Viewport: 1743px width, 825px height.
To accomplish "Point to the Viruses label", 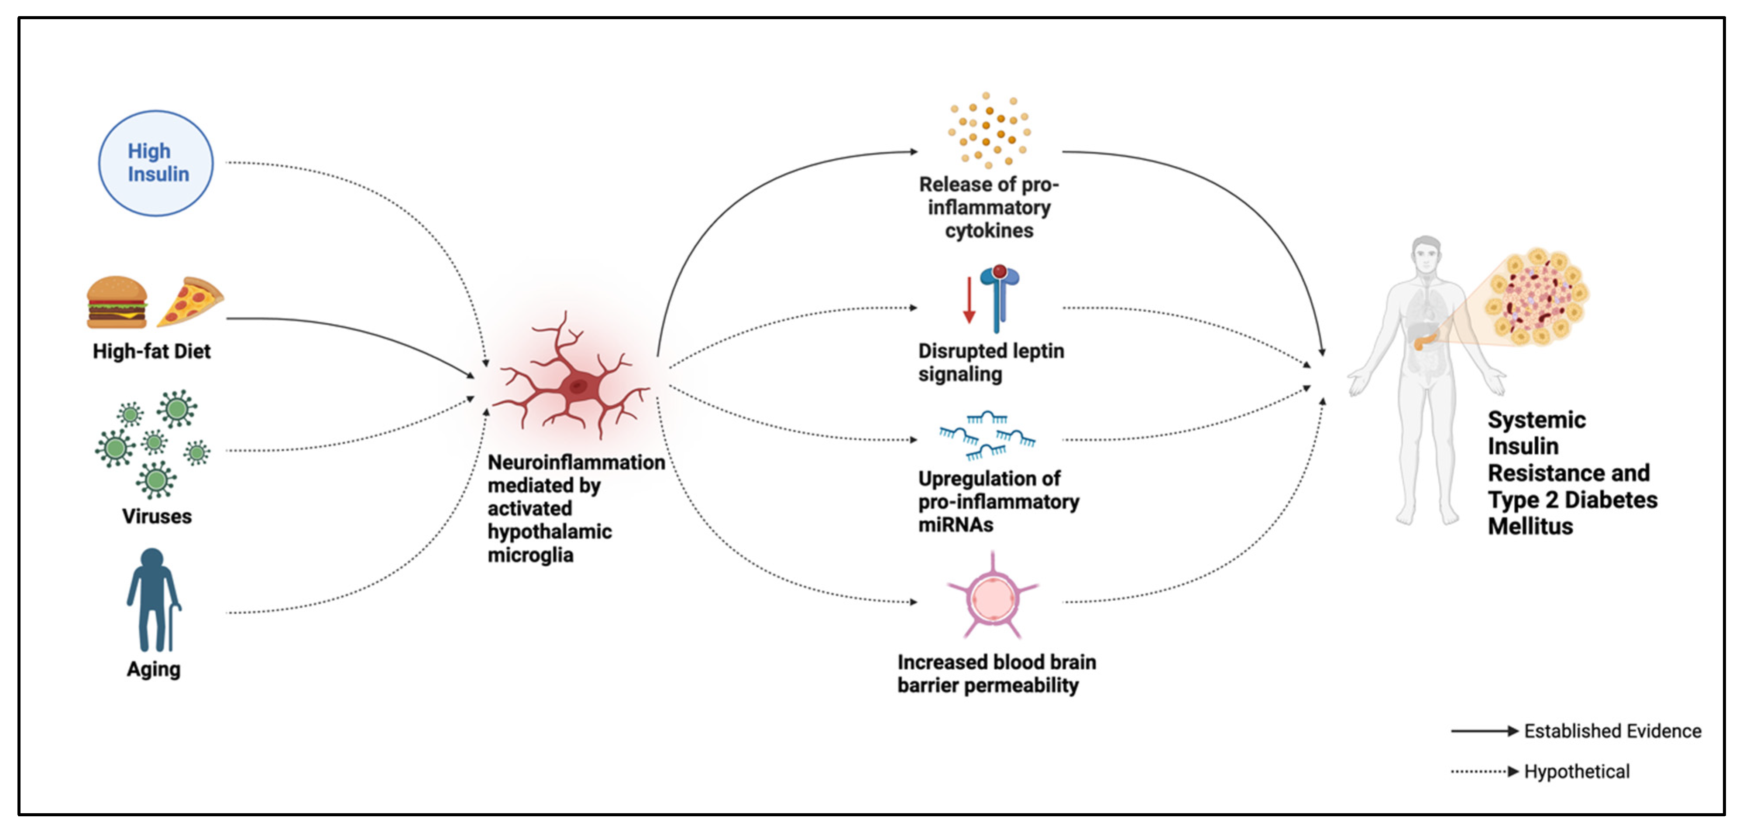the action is coord(157,517).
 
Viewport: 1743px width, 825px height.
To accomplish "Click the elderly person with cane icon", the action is coord(154,600).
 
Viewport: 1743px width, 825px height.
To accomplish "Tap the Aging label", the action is coord(154,669).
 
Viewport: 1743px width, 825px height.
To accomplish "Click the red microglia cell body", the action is coord(577,386).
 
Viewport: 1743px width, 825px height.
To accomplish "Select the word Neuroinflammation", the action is coord(577,462).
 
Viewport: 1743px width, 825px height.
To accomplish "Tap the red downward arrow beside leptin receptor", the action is coord(969,300).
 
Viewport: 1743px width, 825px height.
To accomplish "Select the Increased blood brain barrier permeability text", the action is coord(997,674).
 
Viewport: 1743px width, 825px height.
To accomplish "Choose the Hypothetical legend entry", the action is coord(1540,772).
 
